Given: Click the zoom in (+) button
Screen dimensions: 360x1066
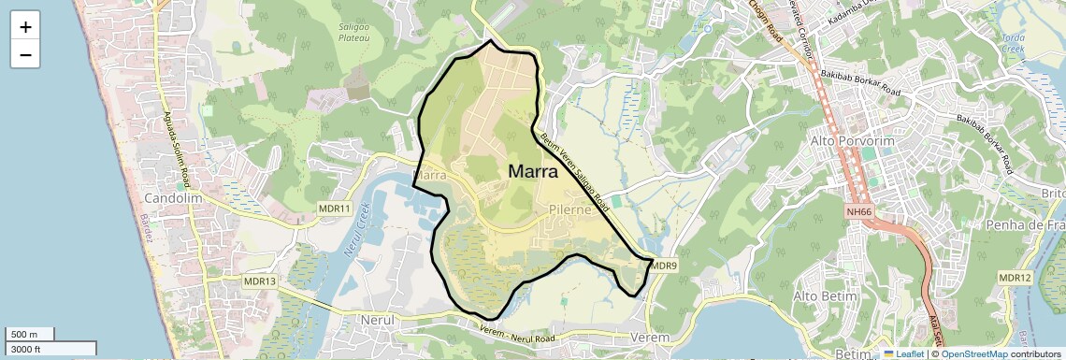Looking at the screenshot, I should point(25,27).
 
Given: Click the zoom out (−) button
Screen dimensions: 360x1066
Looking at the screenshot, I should point(25,55).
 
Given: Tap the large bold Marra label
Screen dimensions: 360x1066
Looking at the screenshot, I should point(533,171).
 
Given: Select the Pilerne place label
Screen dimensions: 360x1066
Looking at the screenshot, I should point(570,210).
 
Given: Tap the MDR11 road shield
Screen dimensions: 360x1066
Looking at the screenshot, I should point(334,208).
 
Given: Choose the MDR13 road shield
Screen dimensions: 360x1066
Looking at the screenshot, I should point(260,281).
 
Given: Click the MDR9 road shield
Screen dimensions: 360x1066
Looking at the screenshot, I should point(663,266).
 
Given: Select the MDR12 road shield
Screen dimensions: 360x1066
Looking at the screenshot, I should point(1015,278).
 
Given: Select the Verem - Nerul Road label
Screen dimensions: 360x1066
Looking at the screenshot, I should point(517,336).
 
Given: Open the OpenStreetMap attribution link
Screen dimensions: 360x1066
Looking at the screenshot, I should point(974,353).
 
